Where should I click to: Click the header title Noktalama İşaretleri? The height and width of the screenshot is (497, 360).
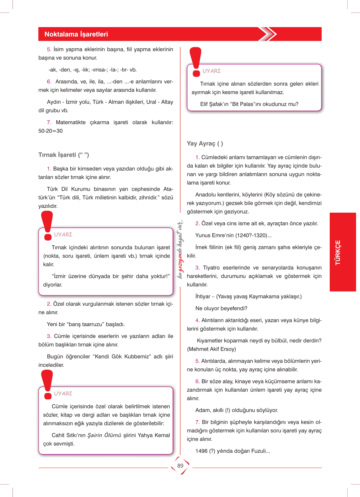click(x=76, y=34)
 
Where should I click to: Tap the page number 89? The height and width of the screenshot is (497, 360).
click(x=180, y=466)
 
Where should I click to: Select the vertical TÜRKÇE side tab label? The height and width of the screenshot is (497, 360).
click(x=338, y=252)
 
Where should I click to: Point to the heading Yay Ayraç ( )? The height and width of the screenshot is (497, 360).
click(x=205, y=143)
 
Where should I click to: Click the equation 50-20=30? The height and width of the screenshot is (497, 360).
click(x=51, y=131)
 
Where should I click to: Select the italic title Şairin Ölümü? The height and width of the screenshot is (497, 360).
click(x=104, y=435)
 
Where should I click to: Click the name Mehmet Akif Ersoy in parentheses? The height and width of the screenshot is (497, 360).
click(x=211, y=349)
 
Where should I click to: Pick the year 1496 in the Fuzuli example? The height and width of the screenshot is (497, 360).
click(x=201, y=451)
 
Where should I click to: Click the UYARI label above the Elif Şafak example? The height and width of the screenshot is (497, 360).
click(x=211, y=71)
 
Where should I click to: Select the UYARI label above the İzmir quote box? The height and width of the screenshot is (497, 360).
click(x=63, y=234)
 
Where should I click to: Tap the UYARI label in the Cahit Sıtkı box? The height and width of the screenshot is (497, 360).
click(x=63, y=394)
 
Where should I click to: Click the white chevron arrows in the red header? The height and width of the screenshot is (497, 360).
click(x=268, y=34)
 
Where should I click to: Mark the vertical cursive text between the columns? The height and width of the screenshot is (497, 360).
click(x=180, y=249)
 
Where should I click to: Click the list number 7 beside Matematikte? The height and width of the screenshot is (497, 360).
click(x=49, y=123)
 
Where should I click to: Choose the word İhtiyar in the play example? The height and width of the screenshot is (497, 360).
click(x=203, y=296)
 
